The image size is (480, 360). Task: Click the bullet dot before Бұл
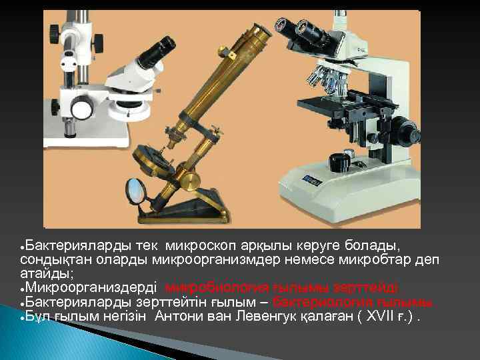(23, 317)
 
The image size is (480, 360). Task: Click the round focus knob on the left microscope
(83, 108)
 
